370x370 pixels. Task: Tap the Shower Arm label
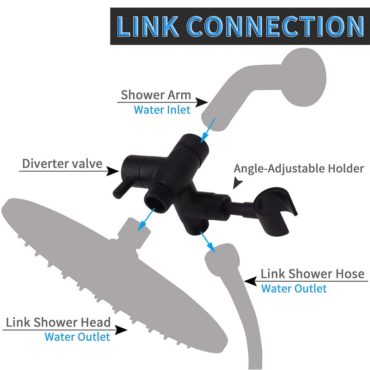pos(156,95)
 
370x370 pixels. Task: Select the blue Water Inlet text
pos(162,110)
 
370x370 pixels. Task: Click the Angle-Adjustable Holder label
pos(299,168)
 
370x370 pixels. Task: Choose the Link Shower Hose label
pos(313,273)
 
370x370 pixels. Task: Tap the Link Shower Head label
pos(58,322)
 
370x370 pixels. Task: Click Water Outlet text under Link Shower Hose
pos(294,288)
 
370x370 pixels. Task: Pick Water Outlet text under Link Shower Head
pos(77,336)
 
